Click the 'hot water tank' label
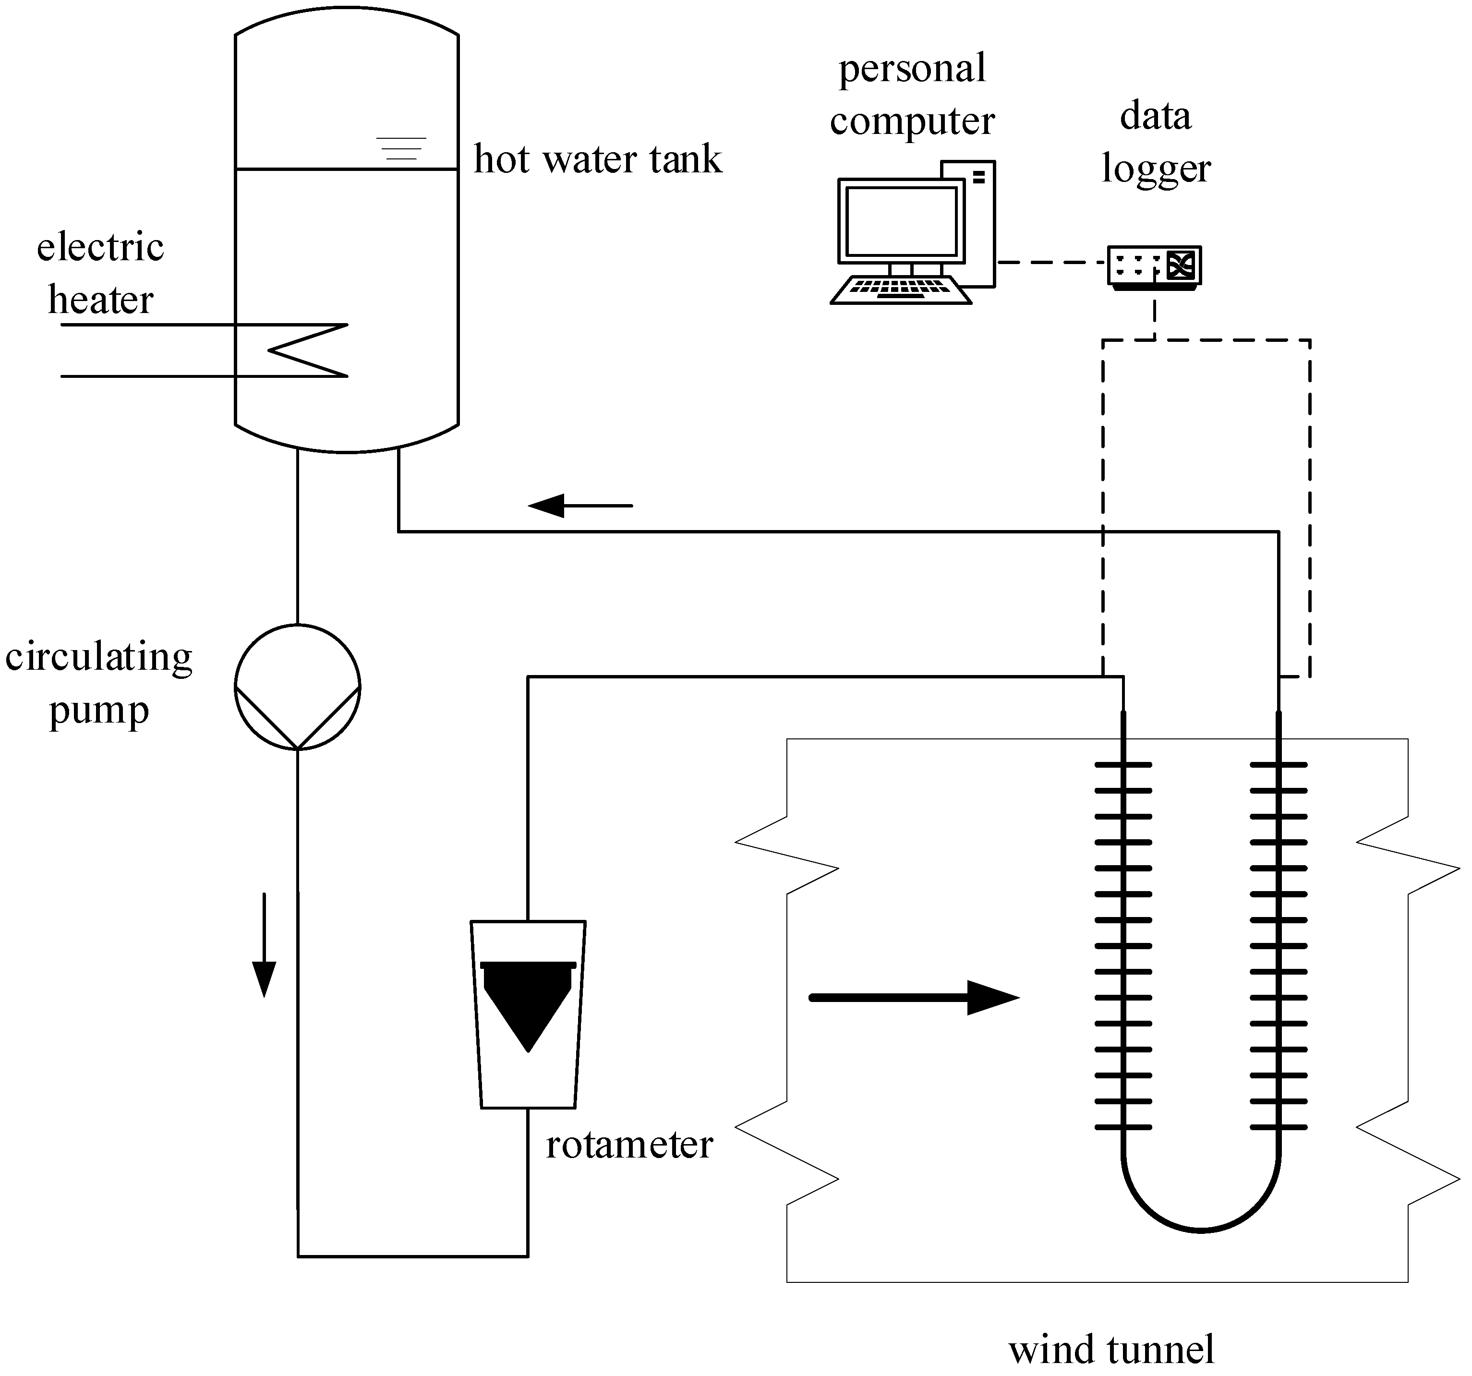[x=597, y=159]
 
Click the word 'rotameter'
[x=628, y=1145]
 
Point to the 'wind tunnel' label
[x=1110, y=1349]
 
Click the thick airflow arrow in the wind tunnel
[x=915, y=998]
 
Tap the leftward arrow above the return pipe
[x=580, y=506]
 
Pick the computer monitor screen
[x=901, y=221]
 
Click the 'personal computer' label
[x=912, y=94]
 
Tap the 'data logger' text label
[x=1155, y=142]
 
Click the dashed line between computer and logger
[x=1051, y=262]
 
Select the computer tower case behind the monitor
[x=979, y=222]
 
